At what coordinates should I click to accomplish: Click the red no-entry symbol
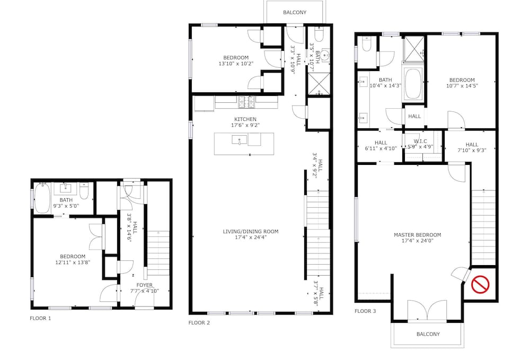pyautogui.click(x=480, y=284)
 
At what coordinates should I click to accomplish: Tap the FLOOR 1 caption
pyautogui.click(x=41, y=318)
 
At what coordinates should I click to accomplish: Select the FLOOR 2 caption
pyautogui.click(x=199, y=323)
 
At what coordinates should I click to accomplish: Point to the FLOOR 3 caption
pyautogui.click(x=365, y=311)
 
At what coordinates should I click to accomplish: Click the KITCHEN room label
pyautogui.click(x=245, y=119)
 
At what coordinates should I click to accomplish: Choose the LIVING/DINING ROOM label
pyautogui.click(x=251, y=232)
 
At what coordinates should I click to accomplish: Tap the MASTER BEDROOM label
pyautogui.click(x=418, y=235)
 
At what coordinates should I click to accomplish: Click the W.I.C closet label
pyautogui.click(x=420, y=141)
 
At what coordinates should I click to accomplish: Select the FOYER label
pyautogui.click(x=144, y=285)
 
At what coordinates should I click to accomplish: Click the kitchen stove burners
pyautogui.click(x=246, y=102)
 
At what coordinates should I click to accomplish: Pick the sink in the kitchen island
pyautogui.click(x=240, y=139)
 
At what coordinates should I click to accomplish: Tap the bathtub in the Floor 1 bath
pyautogui.click(x=42, y=198)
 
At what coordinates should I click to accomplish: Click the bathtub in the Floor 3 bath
pyautogui.click(x=413, y=83)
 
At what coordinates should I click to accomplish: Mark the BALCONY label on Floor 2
pyautogui.click(x=295, y=13)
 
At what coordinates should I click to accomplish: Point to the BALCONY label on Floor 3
pyautogui.click(x=428, y=335)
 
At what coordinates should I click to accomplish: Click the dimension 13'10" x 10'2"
pyautogui.click(x=236, y=63)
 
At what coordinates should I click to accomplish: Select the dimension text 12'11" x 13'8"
pyautogui.click(x=73, y=262)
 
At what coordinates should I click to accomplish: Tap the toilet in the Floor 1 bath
pyautogui.click(x=84, y=191)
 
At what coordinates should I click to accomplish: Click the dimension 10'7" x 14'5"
pyautogui.click(x=462, y=86)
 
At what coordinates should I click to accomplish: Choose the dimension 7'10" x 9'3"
pyautogui.click(x=472, y=151)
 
